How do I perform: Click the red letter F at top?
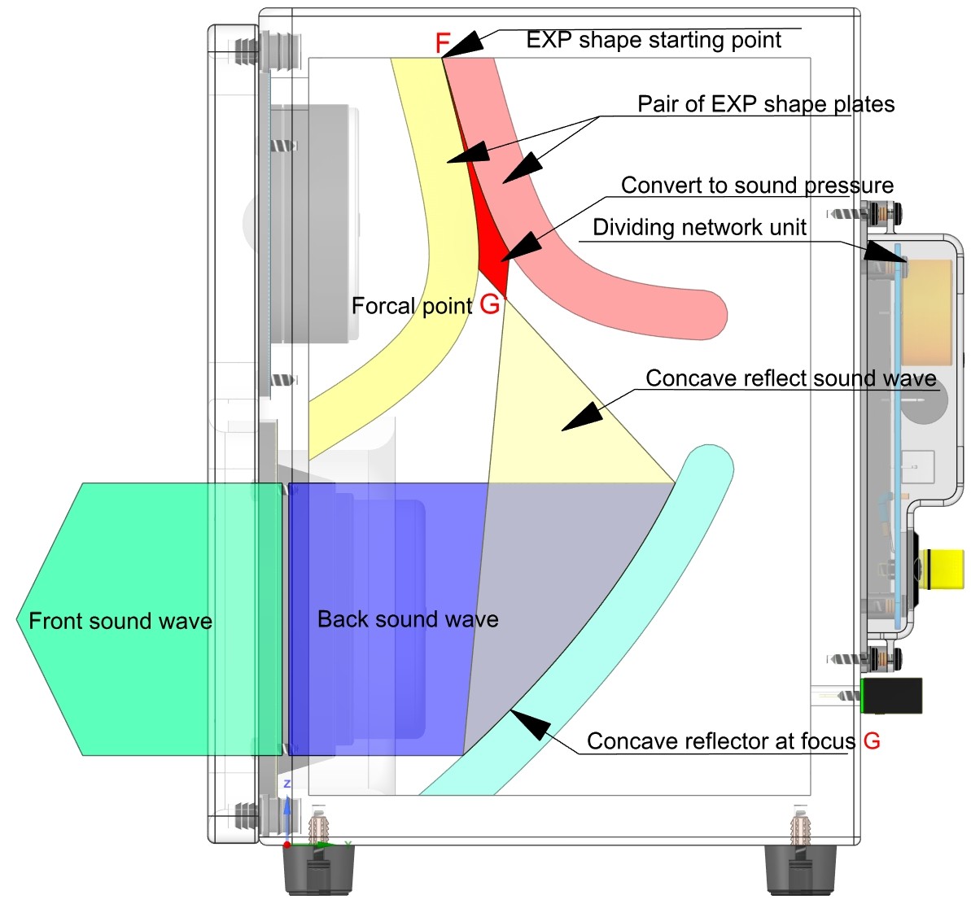point(443,43)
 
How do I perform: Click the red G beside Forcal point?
point(490,304)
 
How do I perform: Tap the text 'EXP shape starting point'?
point(654,40)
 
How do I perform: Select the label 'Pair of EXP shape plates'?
point(765,104)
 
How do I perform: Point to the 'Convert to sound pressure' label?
point(757,186)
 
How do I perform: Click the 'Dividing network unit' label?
point(699,227)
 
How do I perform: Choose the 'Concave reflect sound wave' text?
point(790,378)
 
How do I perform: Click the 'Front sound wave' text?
point(120,622)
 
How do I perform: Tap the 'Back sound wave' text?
point(408,619)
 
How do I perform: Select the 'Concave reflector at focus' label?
point(721,741)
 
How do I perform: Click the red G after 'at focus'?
point(872,740)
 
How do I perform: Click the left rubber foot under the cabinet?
point(318,871)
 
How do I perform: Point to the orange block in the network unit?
point(929,312)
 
